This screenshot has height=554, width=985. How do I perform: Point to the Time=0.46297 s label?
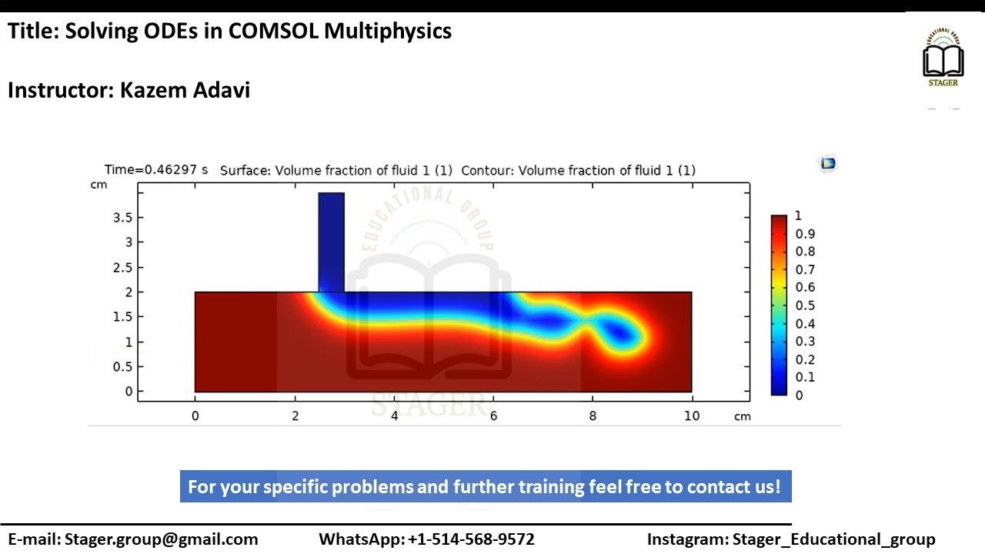(x=156, y=170)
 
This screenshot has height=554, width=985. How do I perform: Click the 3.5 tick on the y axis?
(x=122, y=218)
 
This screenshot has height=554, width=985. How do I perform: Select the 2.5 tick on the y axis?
(x=122, y=267)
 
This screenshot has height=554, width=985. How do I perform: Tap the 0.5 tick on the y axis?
(x=122, y=367)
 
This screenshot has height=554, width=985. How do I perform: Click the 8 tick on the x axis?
(x=593, y=416)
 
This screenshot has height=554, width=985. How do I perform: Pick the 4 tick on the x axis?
(x=394, y=416)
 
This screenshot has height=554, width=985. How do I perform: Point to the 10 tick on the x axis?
(x=692, y=416)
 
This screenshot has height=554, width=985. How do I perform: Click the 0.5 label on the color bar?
(x=805, y=305)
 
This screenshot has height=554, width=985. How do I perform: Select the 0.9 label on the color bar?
(x=805, y=234)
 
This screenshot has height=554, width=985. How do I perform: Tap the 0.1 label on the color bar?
(x=805, y=377)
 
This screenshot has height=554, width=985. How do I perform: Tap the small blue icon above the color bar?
(x=828, y=163)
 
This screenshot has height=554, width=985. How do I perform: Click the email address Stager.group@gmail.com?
(x=161, y=539)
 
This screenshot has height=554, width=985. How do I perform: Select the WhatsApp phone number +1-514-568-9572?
(x=471, y=539)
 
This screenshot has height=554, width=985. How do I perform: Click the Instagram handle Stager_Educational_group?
(x=833, y=539)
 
